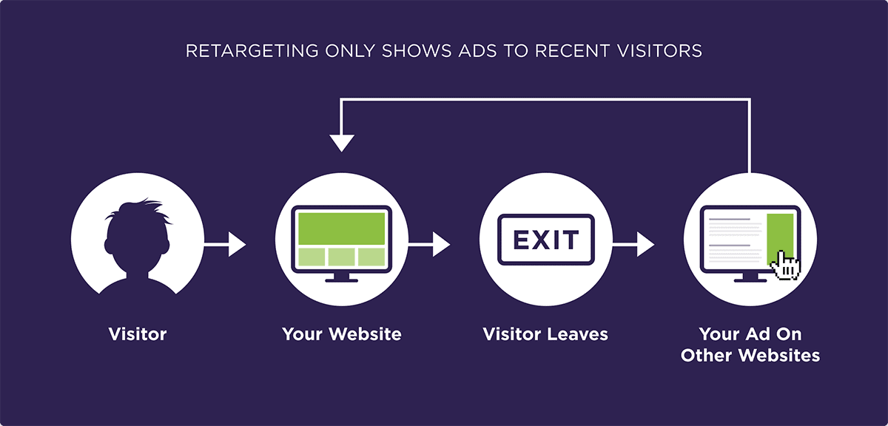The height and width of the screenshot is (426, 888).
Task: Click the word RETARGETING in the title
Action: [252, 51]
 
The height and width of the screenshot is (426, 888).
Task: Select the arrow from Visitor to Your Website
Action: [225, 245]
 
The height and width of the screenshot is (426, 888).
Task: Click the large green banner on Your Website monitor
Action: [341, 229]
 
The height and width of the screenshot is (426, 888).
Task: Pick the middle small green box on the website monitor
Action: [341, 257]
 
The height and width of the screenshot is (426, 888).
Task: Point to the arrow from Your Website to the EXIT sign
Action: [429, 245]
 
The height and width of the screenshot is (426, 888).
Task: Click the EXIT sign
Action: [546, 240]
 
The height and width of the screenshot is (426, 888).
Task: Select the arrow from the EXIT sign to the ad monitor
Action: [633, 245]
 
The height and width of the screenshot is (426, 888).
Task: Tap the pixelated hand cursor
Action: [786, 266]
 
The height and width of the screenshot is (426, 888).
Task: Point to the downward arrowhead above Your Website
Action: [342, 143]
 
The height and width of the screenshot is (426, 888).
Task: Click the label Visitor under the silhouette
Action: [138, 334]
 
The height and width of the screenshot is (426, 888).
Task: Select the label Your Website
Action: [342, 334]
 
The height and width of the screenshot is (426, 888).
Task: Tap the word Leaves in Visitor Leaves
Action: [578, 334]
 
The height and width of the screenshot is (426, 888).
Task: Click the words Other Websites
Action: [750, 355]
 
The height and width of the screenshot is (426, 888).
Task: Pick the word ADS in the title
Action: [477, 51]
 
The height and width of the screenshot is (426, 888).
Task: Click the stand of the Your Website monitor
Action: [341, 277]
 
